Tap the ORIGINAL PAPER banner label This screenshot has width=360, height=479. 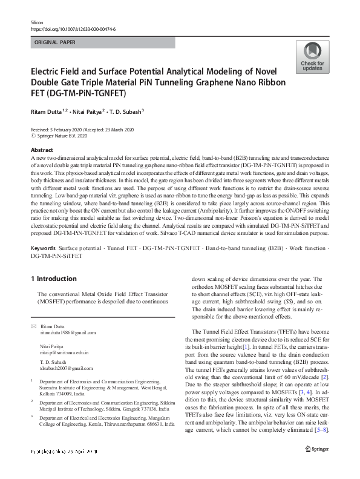pos(56,43)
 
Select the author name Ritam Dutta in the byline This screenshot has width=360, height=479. pos(49,112)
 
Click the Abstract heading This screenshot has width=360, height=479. pos(42,150)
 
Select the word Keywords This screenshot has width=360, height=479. pos(45,248)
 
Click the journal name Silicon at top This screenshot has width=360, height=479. pos(37,22)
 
